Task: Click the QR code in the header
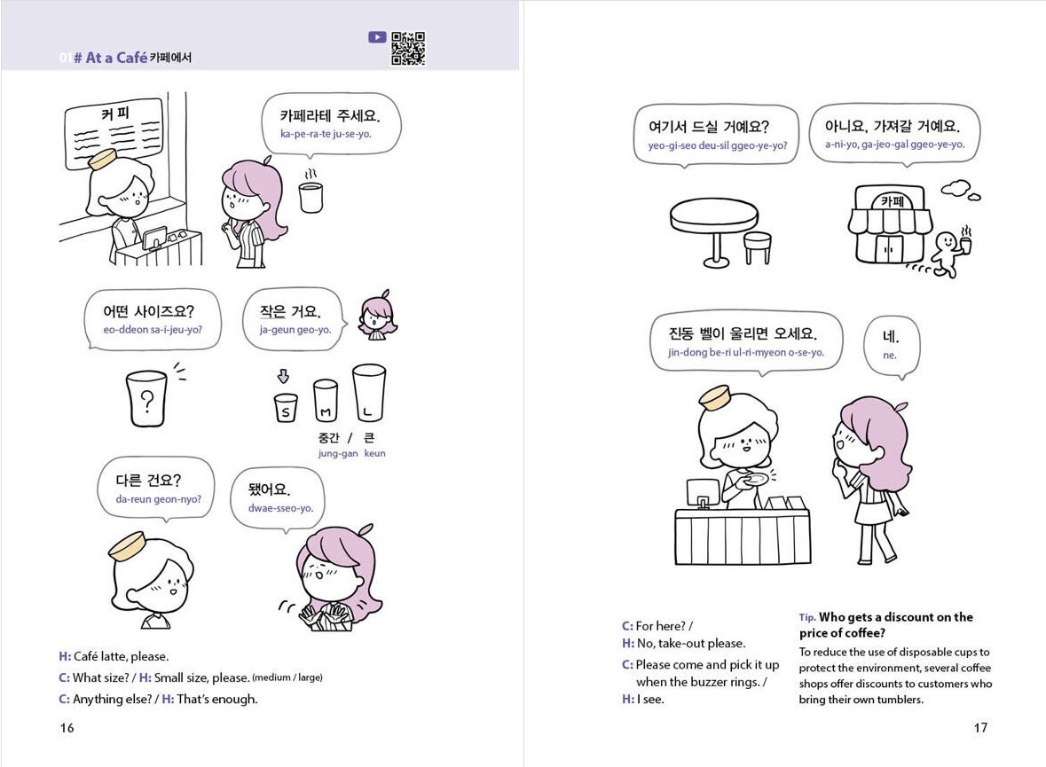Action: (408, 49)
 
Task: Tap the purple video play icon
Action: (377, 37)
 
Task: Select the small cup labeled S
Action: (286, 410)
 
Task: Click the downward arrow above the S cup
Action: (284, 375)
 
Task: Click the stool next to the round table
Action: (757, 247)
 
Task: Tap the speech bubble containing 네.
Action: (891, 345)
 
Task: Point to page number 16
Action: (67, 728)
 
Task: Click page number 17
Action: (979, 728)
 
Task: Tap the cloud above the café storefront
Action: (960, 189)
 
